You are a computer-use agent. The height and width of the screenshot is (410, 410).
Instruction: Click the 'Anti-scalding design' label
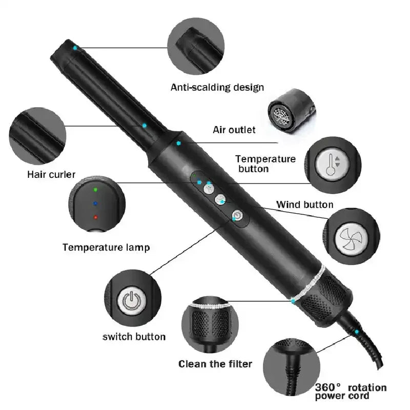pos(217,87)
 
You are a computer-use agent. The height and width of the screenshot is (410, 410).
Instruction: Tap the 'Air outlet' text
pos(234,130)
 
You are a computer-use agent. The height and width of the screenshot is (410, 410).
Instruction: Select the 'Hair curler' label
pos(51,175)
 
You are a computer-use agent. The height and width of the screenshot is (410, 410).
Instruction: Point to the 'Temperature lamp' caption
pos(106,248)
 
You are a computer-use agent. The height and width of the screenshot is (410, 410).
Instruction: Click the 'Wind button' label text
pos(305,205)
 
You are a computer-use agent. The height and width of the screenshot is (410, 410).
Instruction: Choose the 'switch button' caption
pos(134,337)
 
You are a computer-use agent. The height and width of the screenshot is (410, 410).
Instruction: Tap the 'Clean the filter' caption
pos(215,364)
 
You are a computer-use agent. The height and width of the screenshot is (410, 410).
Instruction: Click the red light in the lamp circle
pos(95,217)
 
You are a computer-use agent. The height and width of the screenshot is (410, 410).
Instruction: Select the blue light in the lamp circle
pos(95,203)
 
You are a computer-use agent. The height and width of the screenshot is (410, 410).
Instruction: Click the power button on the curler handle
pos(237,216)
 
